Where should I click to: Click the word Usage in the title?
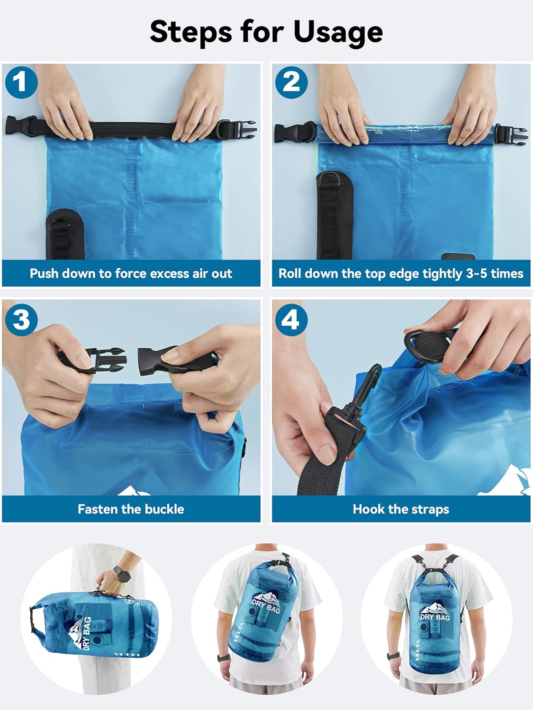tap(338, 32)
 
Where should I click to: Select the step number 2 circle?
tap(291, 82)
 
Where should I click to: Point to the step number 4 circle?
tap(291, 319)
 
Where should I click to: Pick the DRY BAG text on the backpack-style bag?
tap(435, 617)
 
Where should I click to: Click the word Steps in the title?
tap(192, 32)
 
